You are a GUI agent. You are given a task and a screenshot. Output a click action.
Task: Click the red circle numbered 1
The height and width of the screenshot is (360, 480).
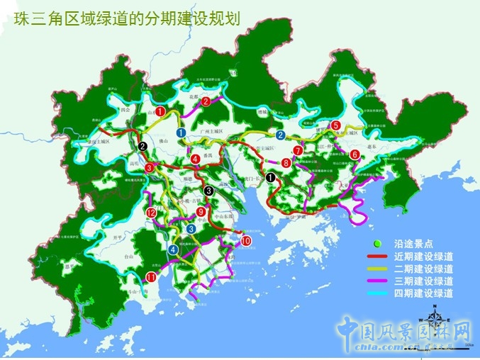[161, 111]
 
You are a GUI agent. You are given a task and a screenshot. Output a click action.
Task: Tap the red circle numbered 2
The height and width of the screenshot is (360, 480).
[206, 101]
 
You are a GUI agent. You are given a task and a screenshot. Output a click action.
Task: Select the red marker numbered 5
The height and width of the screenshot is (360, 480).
[335, 125]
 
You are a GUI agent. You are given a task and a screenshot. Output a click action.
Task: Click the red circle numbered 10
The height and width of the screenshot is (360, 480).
[246, 242]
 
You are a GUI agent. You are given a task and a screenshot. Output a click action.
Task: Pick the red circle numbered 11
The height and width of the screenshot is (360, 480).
[151, 276]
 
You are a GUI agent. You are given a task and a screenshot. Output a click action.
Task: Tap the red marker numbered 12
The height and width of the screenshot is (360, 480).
[151, 213]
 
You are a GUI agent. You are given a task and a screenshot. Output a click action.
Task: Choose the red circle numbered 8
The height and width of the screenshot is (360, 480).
[286, 163]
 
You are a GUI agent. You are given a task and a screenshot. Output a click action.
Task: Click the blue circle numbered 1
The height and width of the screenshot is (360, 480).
[182, 133]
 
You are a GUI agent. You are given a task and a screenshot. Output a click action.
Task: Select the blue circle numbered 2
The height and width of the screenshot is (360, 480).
[281, 135]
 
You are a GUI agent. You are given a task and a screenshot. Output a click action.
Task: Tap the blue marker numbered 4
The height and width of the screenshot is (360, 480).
[174, 249]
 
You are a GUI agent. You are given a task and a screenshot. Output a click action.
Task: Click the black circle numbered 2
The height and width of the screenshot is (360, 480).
[143, 146]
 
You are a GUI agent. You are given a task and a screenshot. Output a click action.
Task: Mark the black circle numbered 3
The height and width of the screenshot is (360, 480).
[208, 190]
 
